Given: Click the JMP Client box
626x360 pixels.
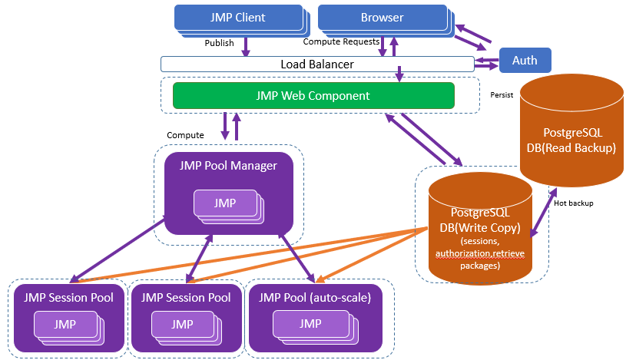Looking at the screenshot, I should (239, 18).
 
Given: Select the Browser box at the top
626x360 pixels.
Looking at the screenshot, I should (382, 18).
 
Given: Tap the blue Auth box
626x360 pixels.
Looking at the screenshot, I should (525, 60).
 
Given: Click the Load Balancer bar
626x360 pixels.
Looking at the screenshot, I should (317, 64).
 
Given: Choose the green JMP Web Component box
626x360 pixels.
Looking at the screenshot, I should (313, 96).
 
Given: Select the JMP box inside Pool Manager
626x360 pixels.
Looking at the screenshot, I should (225, 203).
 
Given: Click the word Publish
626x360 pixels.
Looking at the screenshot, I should (219, 43).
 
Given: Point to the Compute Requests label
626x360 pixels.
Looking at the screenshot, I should (341, 42).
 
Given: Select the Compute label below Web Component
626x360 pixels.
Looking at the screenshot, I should (185, 135).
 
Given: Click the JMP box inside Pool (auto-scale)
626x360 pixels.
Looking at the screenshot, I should (310, 324).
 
